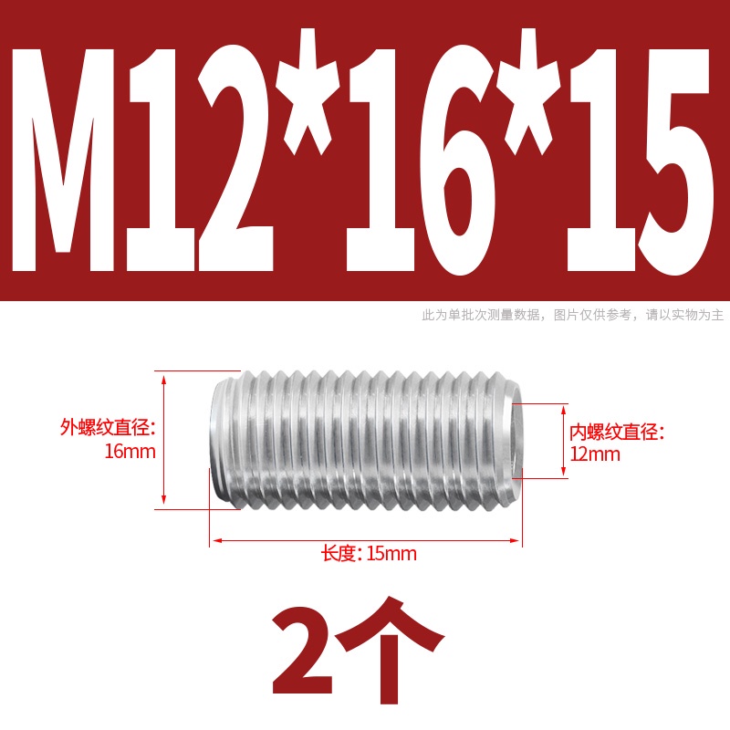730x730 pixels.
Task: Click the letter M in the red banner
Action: point(63,158)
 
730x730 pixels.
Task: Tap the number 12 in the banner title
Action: point(200,158)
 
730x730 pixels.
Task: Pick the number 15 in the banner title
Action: point(639,158)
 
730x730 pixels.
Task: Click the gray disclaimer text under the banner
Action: point(573,315)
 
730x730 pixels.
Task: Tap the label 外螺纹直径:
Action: point(108,427)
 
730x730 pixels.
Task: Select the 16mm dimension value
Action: point(130,452)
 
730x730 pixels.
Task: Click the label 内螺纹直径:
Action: point(617,432)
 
